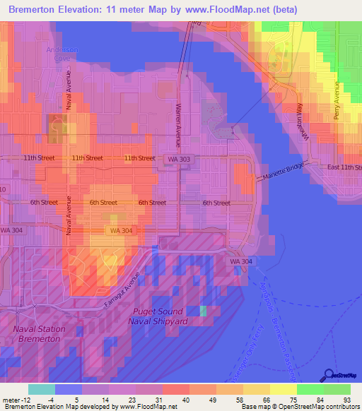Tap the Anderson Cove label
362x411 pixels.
tap(62, 54)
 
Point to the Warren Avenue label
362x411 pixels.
tap(178, 117)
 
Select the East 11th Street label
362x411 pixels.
tap(344, 167)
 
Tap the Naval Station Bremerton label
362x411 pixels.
tap(39, 334)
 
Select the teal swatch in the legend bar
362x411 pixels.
tap(41, 389)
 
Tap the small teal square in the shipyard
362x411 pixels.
tap(204, 311)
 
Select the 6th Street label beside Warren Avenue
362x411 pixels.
tap(152, 203)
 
